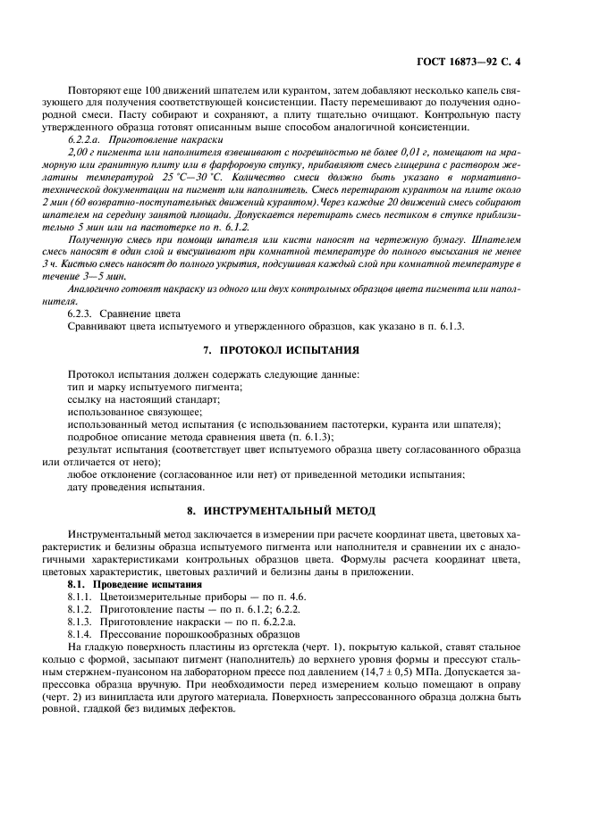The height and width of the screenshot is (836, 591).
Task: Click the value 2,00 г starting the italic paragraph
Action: pos(82,152)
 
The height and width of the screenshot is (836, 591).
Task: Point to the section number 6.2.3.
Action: pos(82,313)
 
